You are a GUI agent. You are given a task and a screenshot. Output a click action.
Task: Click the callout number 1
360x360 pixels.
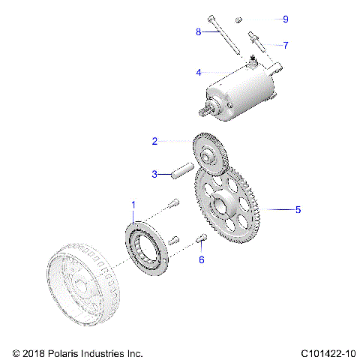(x=134, y=204)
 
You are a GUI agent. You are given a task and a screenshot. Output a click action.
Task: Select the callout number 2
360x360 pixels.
(x=154, y=140)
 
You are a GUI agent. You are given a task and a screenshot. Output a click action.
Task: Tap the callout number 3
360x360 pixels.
(x=154, y=174)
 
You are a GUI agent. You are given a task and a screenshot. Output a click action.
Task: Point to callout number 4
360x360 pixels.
(x=198, y=73)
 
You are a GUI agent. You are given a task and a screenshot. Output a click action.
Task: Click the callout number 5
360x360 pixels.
(x=298, y=210)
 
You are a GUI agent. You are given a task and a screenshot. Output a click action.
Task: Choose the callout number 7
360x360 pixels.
(x=285, y=45)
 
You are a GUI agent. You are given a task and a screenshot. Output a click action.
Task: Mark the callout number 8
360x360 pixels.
(x=198, y=31)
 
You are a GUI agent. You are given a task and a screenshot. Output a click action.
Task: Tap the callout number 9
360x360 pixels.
(x=285, y=18)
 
